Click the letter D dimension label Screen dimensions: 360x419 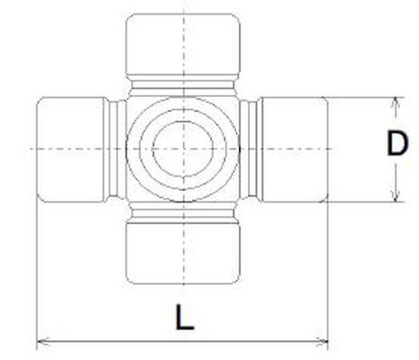click(x=395, y=146)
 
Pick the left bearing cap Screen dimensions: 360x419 click(x=71, y=147)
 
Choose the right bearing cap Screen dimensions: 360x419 click(x=293, y=147)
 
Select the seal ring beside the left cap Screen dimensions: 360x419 click(x=115, y=147)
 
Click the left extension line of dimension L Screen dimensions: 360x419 click(x=36, y=271)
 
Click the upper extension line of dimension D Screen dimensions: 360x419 click(x=362, y=95)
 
